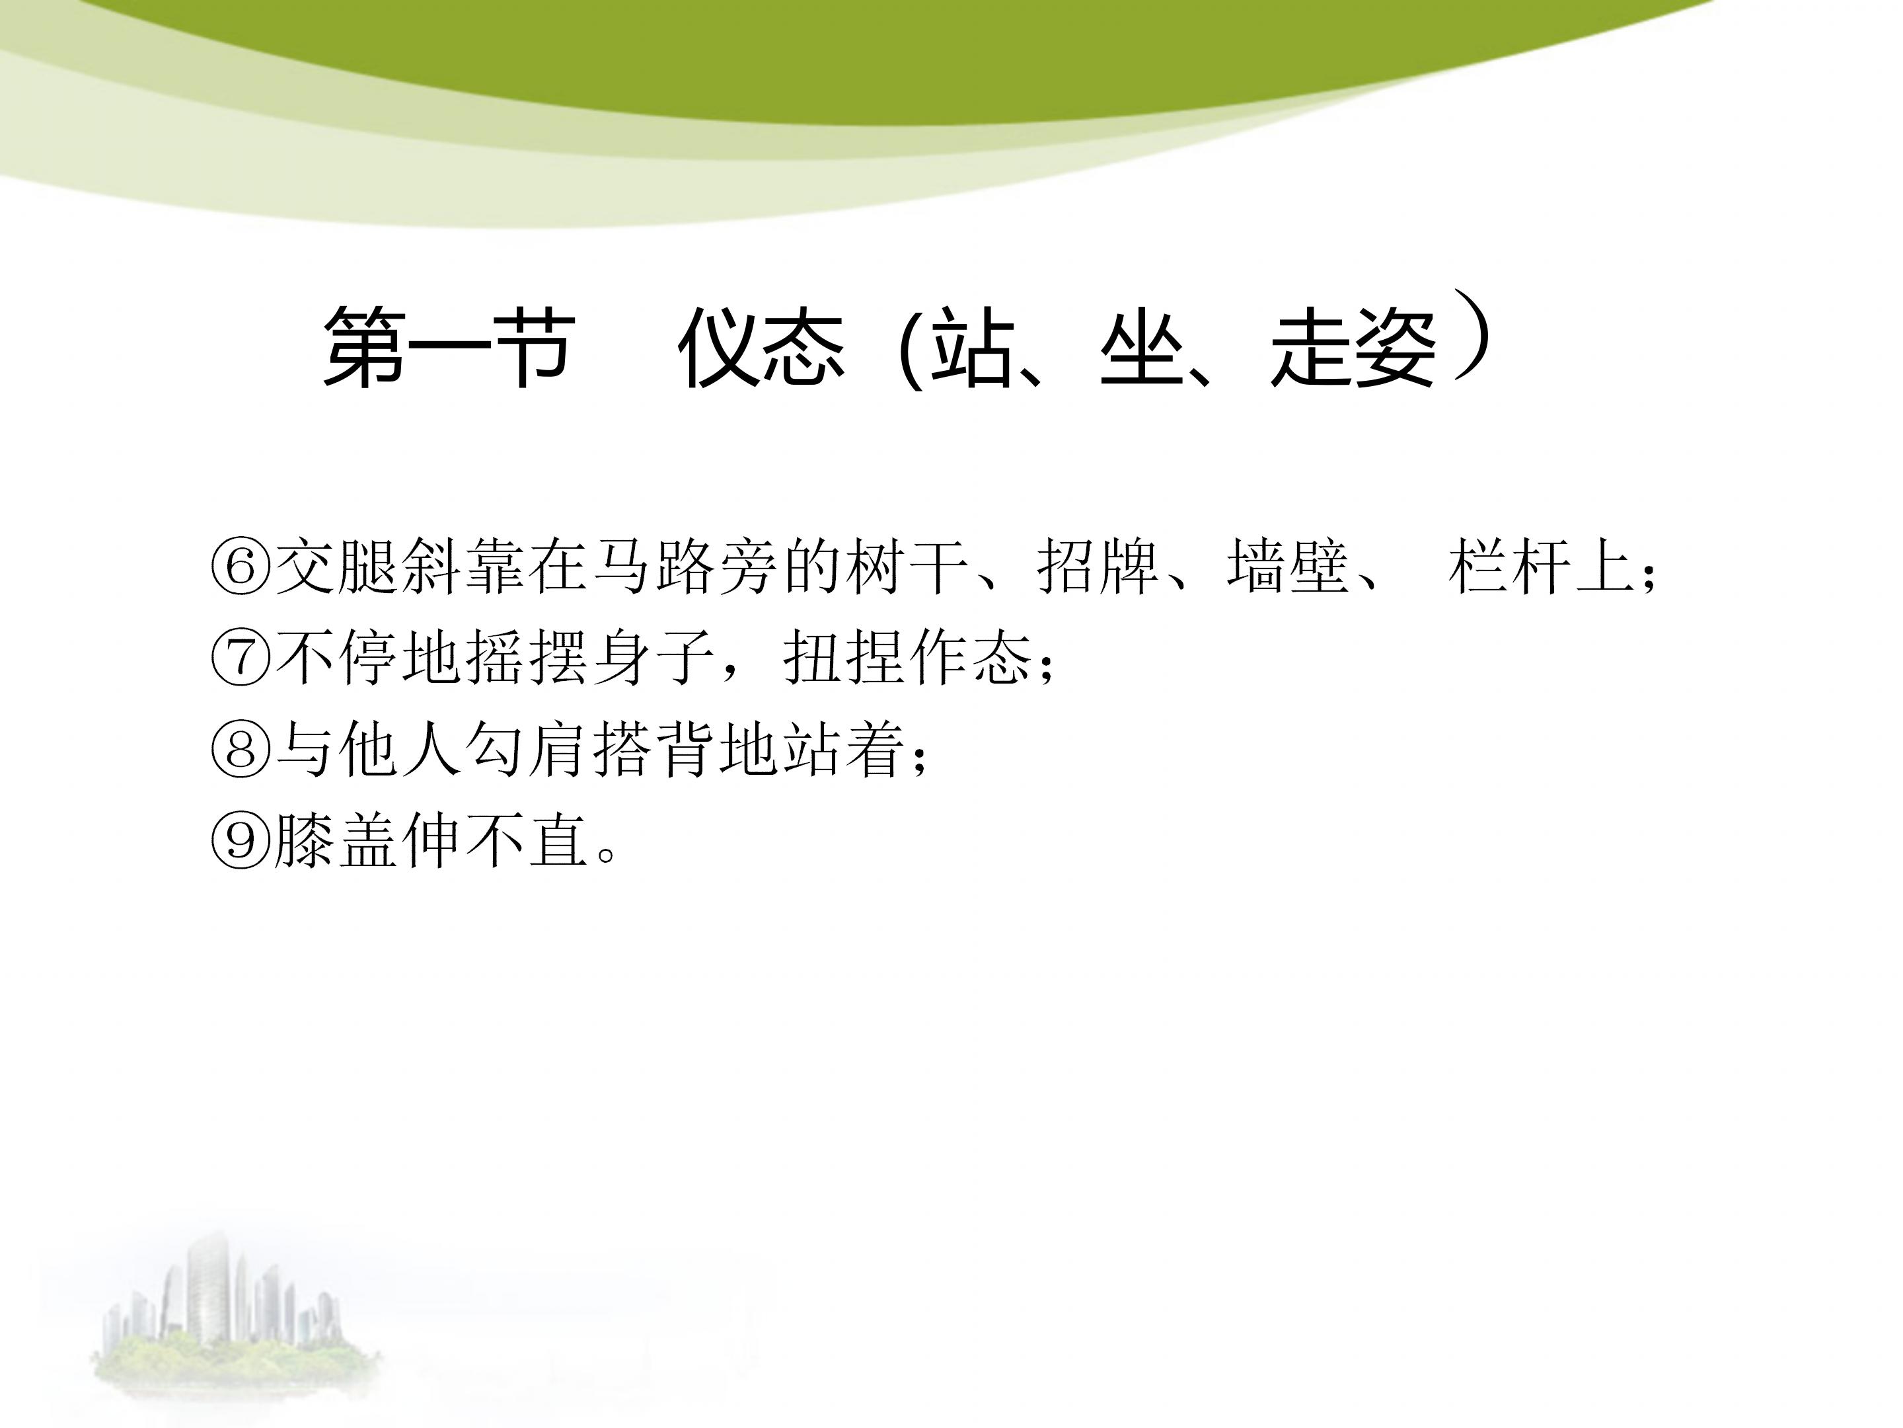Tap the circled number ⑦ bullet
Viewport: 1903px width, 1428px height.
(x=241, y=658)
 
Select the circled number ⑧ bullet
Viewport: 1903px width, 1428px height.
(x=241, y=749)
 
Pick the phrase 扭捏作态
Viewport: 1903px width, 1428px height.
(x=908, y=658)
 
